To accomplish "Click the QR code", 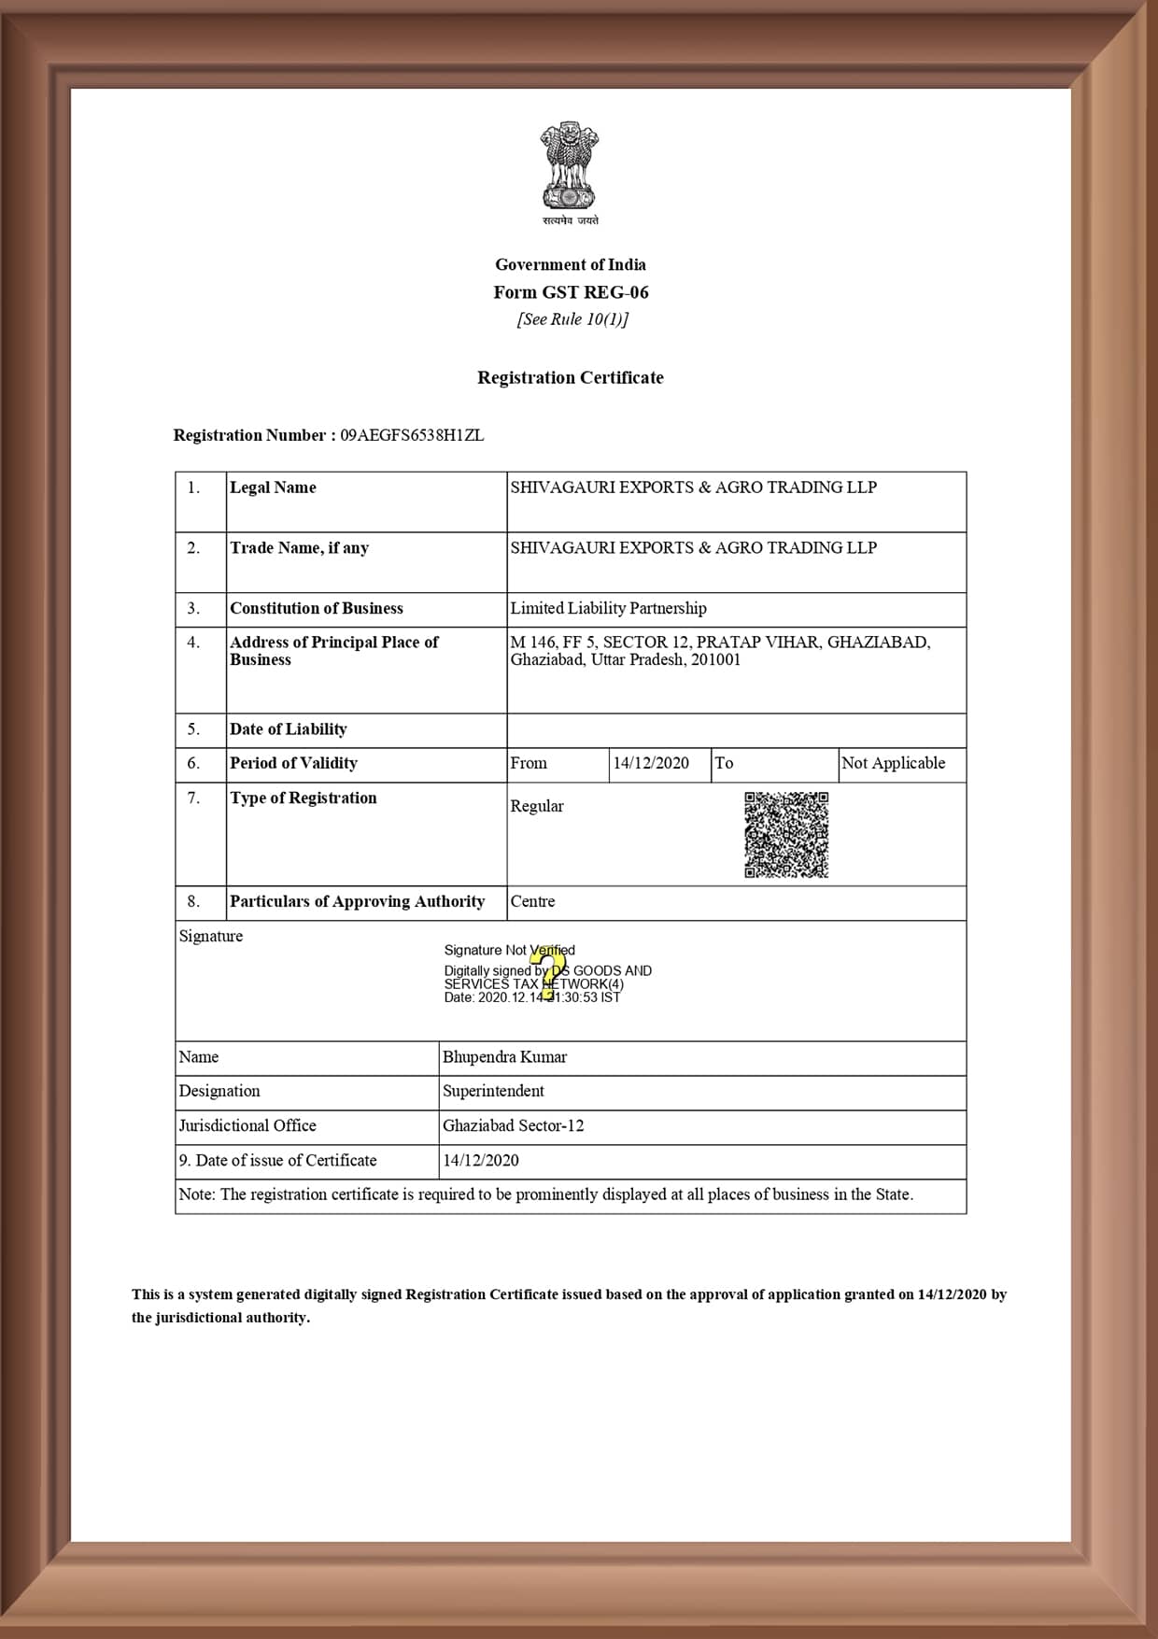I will (786, 835).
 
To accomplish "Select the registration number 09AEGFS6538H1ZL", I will (412, 435).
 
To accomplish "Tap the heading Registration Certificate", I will (571, 378).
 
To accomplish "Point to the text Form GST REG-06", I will (571, 292).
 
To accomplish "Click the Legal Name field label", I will (273, 487).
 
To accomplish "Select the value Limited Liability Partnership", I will (608, 609).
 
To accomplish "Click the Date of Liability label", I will (288, 729).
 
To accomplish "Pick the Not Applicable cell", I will (893, 763).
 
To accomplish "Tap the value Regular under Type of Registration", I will (537, 806).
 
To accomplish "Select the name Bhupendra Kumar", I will (504, 1057).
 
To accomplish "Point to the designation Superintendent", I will (493, 1091).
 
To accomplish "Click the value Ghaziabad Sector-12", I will (513, 1125).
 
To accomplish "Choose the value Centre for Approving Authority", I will (532, 901).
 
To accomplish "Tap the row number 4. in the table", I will (193, 643).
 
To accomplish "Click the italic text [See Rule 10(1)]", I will (572, 319).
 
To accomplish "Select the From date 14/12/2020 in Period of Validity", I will (651, 763).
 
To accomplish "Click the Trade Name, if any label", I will (299, 548).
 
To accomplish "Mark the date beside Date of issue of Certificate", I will (480, 1160).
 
